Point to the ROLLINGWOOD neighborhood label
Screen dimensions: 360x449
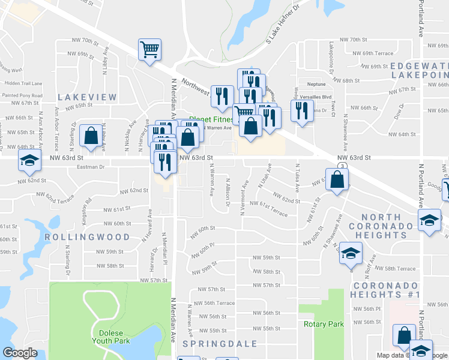pos(87,237)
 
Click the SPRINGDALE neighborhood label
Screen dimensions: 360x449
pos(220,344)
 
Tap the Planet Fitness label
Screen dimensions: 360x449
pos(210,119)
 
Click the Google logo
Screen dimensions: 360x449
pos(20,352)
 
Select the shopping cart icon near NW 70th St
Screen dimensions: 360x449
pos(149,50)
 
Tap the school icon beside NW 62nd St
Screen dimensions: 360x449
pos(28,160)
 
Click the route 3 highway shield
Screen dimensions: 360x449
pos(342,165)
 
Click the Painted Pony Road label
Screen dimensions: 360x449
pos(23,95)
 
